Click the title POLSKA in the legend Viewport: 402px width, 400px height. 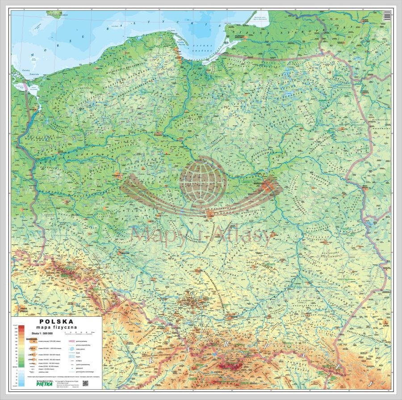57,321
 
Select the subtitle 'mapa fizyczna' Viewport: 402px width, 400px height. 57,328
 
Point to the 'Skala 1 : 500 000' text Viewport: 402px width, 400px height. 42,333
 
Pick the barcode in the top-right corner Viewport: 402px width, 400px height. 387,16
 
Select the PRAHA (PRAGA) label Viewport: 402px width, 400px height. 21,310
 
